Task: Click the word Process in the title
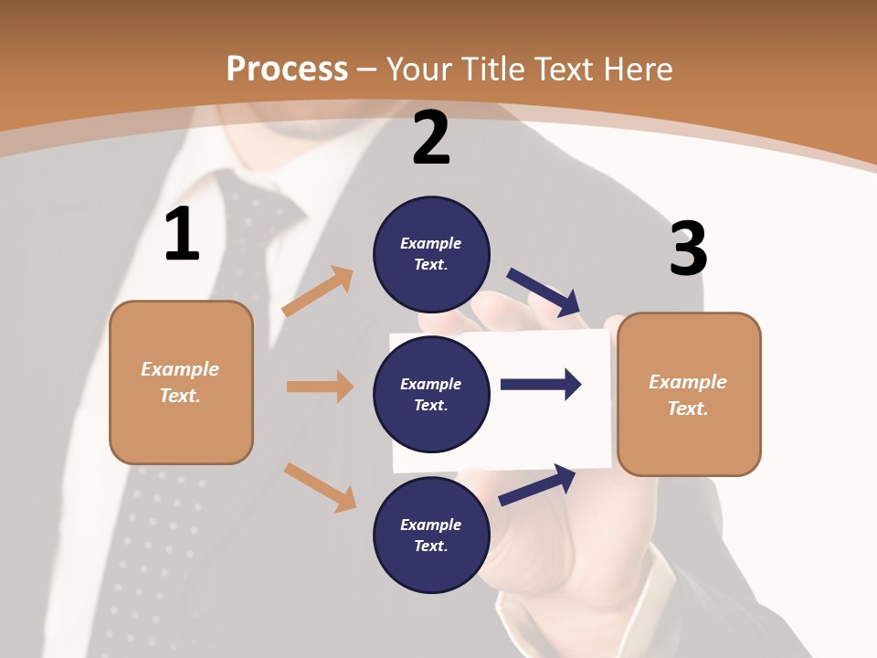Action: point(287,69)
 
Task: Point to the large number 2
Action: point(431,138)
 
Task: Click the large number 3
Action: point(688,249)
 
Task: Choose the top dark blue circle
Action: point(431,254)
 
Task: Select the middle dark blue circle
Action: point(431,394)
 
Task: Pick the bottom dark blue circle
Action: point(431,535)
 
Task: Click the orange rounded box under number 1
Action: point(181,382)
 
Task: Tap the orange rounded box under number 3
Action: point(689,394)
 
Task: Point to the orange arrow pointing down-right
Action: point(321,487)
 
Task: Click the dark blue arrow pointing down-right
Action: point(544,292)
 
